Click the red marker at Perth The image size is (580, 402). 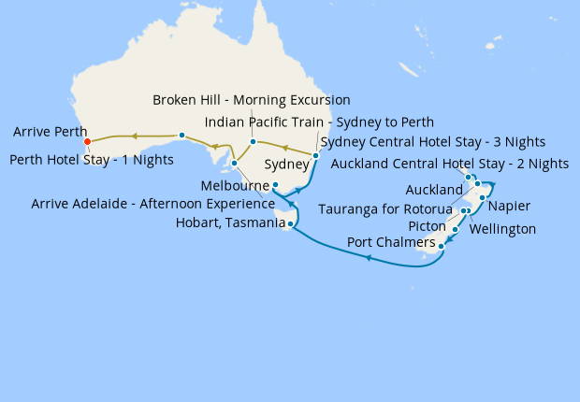(x=87, y=142)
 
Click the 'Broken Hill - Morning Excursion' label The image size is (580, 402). (x=252, y=100)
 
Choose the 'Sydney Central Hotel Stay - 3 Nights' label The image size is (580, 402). (x=432, y=142)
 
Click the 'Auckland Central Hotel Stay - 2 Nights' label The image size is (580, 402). (x=450, y=164)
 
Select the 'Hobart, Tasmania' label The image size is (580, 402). (x=230, y=223)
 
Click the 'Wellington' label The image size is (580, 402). (x=502, y=229)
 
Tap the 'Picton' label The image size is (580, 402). (x=428, y=226)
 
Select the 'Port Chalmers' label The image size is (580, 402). (x=390, y=243)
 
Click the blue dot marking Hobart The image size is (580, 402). (x=292, y=224)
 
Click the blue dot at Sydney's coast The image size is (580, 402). (x=316, y=155)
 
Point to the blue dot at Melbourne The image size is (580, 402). (x=275, y=185)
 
